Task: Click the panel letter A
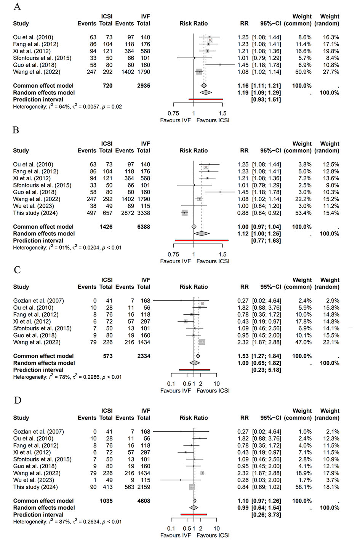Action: [x=17, y=6]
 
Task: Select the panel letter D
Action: [x=18, y=400]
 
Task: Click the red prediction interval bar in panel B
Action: [x=202, y=240]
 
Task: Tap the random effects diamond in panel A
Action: [x=206, y=93]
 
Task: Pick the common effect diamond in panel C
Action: [x=198, y=356]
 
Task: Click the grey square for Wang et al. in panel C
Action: [x=202, y=342]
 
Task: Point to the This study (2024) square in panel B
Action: [x=184, y=213]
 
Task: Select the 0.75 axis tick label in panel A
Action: [x=173, y=114]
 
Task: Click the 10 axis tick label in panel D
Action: [x=217, y=528]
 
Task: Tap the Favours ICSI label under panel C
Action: [x=213, y=391]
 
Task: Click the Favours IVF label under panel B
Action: [x=176, y=261]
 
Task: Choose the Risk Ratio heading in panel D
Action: [x=194, y=418]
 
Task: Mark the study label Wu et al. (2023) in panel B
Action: [x=33, y=206]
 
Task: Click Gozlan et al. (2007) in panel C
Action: [x=38, y=301]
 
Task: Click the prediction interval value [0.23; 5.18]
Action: [x=266, y=370]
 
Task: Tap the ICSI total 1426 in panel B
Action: [x=106, y=227]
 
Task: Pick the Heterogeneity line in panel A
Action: [x=67, y=106]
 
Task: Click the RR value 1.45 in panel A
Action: [x=243, y=65]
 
